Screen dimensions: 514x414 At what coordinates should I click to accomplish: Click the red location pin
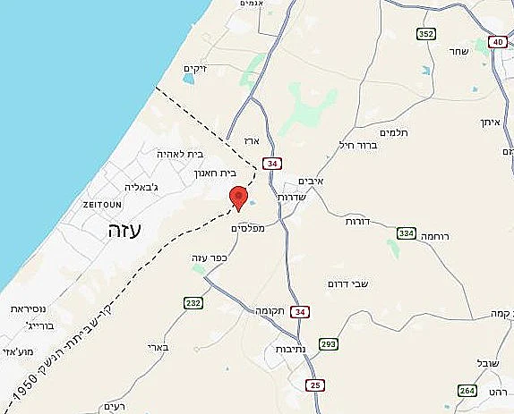point(238,197)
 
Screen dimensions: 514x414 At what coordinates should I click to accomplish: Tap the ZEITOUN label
point(100,205)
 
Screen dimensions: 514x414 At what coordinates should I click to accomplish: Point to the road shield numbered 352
point(426,33)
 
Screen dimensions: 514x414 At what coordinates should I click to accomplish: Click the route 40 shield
point(498,42)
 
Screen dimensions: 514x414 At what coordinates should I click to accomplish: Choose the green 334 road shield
point(407,233)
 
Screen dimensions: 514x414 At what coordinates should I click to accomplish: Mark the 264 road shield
point(467,391)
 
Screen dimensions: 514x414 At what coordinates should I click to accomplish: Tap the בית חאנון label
point(215,174)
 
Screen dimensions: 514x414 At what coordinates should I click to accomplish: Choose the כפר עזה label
point(211,258)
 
